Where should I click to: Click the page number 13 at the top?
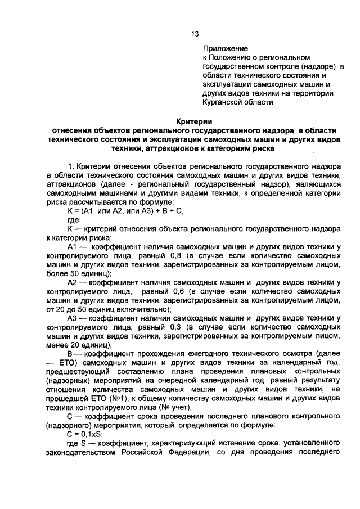tap(195, 34)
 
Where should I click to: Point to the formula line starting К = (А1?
tap(124, 211)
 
